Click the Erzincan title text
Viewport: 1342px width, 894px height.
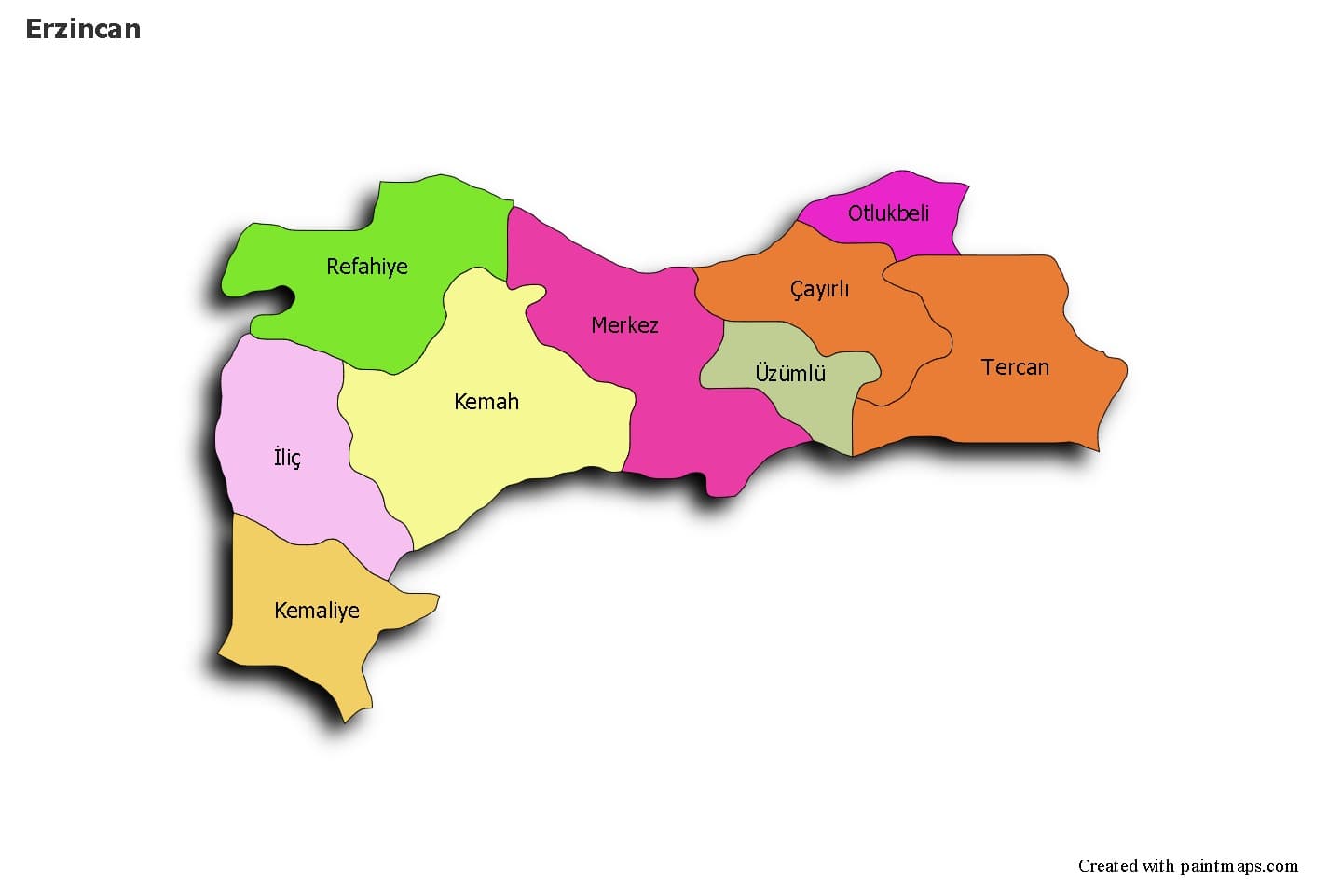(x=83, y=29)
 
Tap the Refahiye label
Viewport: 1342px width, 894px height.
(x=366, y=267)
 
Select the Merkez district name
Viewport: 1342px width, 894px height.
(x=624, y=325)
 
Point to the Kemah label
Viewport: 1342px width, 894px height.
(x=486, y=402)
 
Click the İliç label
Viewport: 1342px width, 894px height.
(x=287, y=458)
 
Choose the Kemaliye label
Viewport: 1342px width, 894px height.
(x=316, y=611)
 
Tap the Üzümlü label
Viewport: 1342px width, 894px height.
(x=790, y=374)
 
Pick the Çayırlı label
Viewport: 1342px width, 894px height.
(x=819, y=289)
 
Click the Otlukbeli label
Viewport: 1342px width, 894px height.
(x=888, y=213)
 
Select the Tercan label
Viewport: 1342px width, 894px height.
(x=1015, y=367)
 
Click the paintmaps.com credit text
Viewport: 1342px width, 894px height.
(x=1239, y=866)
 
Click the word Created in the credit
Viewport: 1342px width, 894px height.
(x=1108, y=866)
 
